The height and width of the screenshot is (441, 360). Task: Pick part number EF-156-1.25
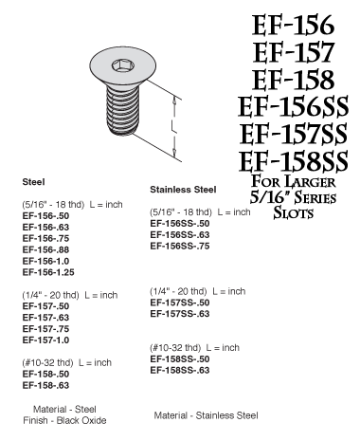tap(50, 271)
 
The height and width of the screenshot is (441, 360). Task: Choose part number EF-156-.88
tap(46, 248)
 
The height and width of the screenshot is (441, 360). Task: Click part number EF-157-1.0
tap(46, 340)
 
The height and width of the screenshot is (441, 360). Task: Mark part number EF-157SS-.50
tap(180, 302)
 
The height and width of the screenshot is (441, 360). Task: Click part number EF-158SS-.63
tap(180, 369)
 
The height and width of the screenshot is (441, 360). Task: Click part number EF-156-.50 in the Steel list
tap(46, 215)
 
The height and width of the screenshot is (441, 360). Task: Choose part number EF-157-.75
tap(46, 329)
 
